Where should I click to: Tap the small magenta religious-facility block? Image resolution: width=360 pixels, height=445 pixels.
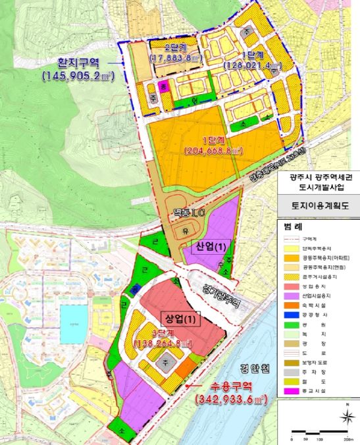165,84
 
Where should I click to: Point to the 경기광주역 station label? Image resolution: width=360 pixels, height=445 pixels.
217,292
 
